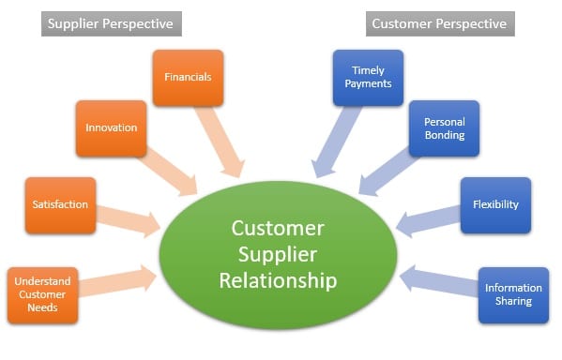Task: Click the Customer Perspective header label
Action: [438, 22]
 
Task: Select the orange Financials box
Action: [188, 78]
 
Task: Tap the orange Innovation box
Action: [111, 127]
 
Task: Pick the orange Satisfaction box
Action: [60, 204]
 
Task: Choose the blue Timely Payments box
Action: [368, 77]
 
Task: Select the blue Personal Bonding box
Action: [444, 128]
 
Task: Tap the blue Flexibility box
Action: [495, 204]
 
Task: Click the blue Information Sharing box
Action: [513, 294]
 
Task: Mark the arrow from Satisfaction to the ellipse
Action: [128, 217]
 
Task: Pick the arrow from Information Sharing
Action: [439, 280]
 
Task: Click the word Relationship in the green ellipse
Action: [278, 280]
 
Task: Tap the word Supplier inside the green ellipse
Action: [278, 254]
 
